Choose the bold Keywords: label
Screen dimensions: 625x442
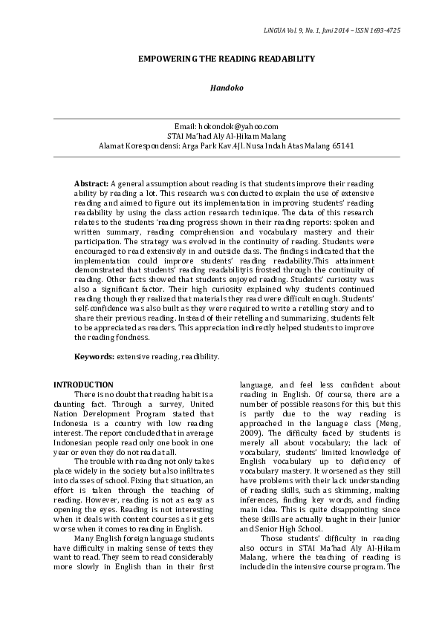coord(94,357)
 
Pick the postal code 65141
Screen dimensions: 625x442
coord(340,145)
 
